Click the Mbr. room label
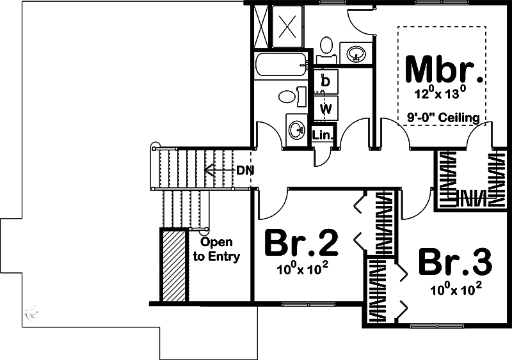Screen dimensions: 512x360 [444, 70]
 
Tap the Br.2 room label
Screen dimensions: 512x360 [301, 243]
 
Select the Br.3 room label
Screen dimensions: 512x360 [455, 262]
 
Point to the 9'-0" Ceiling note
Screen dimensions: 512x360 [444, 117]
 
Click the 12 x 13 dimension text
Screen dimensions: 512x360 [440, 92]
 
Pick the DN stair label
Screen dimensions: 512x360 [245, 170]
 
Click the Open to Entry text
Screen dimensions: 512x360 [216, 249]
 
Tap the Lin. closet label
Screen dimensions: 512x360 [323, 134]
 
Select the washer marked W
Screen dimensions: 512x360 [326, 108]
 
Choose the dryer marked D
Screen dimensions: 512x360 [326, 81]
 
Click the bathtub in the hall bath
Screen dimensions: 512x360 [281, 65]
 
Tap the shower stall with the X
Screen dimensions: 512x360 [287, 26]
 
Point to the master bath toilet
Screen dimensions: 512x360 [326, 51]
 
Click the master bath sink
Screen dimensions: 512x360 [356, 52]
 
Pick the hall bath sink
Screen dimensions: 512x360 [296, 129]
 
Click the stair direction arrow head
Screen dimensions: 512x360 [209, 170]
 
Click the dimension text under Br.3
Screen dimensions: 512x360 [456, 288]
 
